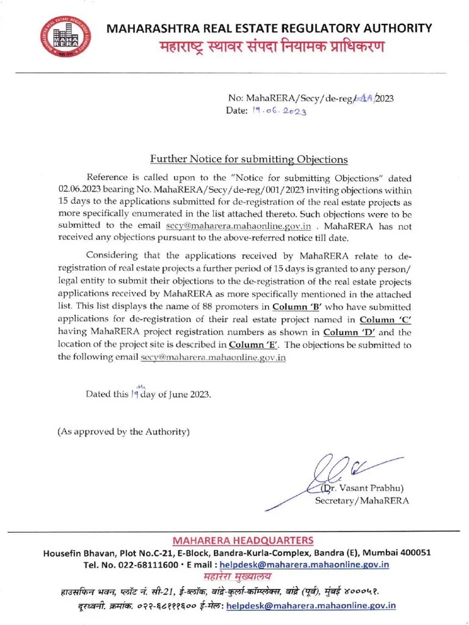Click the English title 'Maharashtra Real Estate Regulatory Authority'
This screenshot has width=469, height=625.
269,28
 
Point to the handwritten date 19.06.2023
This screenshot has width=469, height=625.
278,111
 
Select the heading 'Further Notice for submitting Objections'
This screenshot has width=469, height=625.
249,159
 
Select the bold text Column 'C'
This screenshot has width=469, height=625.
385,319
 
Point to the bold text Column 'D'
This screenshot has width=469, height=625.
349,332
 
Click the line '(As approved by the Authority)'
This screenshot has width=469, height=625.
123,432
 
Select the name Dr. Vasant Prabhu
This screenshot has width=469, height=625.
363,488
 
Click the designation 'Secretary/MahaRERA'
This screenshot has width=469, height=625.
362,500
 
